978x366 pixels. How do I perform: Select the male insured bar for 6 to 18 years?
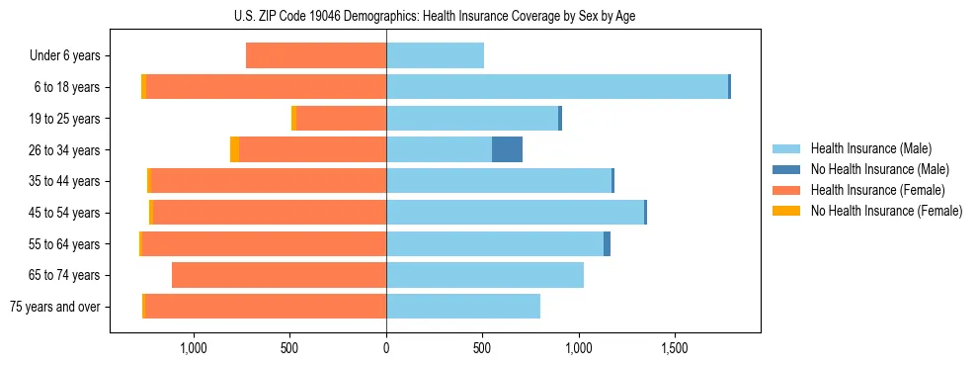pos(557,87)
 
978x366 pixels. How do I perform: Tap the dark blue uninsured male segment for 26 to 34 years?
pos(507,149)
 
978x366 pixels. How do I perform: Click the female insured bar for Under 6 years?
pos(316,55)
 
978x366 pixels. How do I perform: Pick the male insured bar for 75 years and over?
pos(463,306)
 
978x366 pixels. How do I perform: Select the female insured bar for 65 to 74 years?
pos(279,275)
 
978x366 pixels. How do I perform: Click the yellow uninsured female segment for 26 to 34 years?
pos(234,149)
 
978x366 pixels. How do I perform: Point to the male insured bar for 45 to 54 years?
pos(515,212)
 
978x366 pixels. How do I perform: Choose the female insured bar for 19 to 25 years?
pos(341,119)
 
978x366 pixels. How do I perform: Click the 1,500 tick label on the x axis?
pos(675,349)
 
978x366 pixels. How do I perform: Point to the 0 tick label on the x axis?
pos(386,349)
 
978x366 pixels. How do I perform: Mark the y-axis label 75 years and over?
pos(54,307)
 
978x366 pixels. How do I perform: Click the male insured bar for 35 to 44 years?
pos(499,181)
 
